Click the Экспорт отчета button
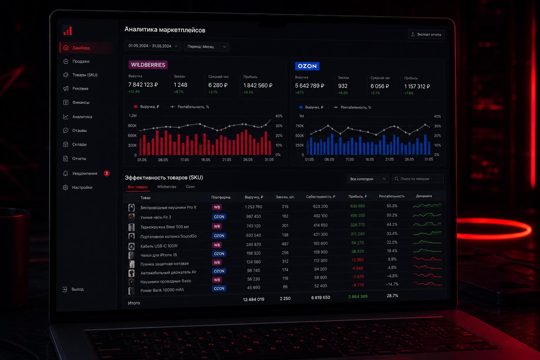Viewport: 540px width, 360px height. click(426, 34)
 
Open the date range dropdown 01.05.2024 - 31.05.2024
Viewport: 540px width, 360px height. click(153, 46)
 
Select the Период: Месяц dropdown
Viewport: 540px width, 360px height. click(206, 46)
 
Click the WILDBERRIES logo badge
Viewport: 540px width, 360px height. click(148, 65)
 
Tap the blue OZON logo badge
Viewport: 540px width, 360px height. click(307, 66)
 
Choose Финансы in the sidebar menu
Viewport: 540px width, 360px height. click(81, 102)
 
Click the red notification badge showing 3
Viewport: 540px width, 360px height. click(107, 173)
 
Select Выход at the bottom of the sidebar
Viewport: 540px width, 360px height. click(77, 289)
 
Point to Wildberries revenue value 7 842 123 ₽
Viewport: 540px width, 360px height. click(143, 85)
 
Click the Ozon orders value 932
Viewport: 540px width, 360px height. click(343, 86)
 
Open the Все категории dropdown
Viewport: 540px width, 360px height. click(368, 179)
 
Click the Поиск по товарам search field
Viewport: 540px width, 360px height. click(418, 179)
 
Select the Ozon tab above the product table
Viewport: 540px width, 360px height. click(190, 187)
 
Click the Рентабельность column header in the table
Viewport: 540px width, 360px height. click(392, 196)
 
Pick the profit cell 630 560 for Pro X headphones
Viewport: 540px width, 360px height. click(358, 206)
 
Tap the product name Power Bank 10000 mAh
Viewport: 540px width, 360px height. click(162, 290)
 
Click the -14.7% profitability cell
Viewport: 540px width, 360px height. click(392, 284)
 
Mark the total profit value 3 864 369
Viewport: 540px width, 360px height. click(358, 297)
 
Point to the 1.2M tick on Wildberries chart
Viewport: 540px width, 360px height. click(133, 116)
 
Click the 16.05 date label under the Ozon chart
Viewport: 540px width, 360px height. click(369, 159)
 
